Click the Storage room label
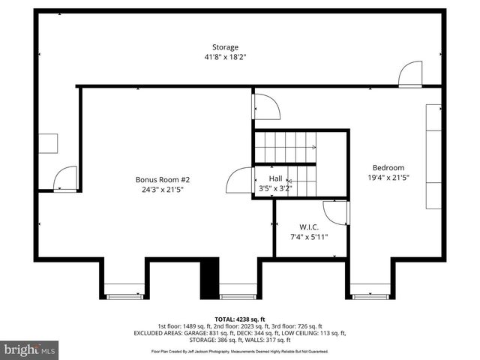pos(225,47)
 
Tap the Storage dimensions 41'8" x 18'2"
pos(225,57)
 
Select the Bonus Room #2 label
pos(163,179)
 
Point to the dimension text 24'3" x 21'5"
pos(163,190)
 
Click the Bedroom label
pos(388,167)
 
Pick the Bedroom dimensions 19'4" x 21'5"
pos(388,178)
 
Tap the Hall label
pos(276,178)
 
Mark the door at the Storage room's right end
pos(411,74)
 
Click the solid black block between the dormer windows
pos(208,278)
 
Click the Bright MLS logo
pos(30,349)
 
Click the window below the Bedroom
pos(370,295)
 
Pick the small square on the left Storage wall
pos(49,143)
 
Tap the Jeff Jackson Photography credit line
pos(240,350)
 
